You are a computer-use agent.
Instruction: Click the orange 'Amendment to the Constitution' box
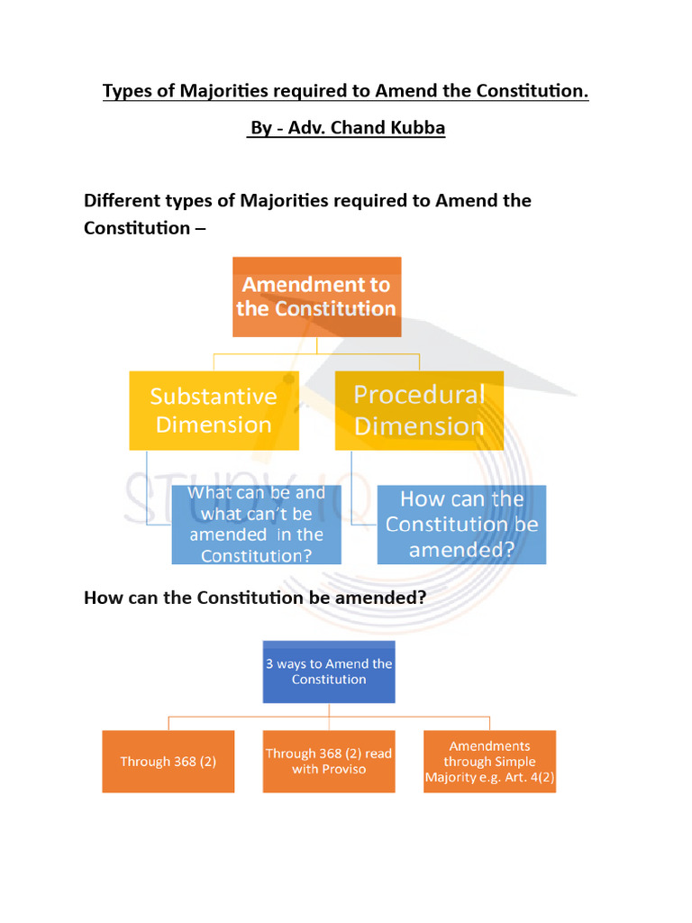point(316,297)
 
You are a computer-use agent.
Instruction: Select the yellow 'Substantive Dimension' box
point(214,410)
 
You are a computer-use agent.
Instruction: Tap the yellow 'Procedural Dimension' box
point(419,410)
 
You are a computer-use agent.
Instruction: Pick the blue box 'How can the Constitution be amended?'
point(461,525)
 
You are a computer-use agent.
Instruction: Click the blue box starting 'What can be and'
point(257,525)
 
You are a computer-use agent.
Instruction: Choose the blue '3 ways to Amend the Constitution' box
point(329,672)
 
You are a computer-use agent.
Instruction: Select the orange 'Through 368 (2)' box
point(168,762)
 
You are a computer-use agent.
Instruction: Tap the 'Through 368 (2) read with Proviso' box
point(329,762)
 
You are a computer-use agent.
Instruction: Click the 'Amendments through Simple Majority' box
point(489,762)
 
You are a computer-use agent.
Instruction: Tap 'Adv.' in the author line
point(306,128)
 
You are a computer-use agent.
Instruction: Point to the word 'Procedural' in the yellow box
point(419,395)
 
